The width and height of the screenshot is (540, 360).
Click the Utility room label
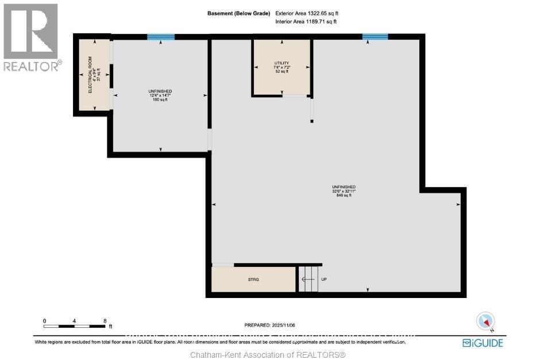pyautogui.click(x=281, y=63)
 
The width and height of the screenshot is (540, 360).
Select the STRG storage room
pyautogui.click(x=253, y=280)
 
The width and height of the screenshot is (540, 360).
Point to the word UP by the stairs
pyautogui.click(x=324, y=280)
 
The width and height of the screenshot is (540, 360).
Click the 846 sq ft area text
pyautogui.click(x=344, y=196)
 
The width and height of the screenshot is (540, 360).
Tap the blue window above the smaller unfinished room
pyautogui.click(x=161, y=37)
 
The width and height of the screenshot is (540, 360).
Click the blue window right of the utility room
pyautogui.click(x=375, y=37)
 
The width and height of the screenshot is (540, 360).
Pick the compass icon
pyautogui.click(x=486, y=321)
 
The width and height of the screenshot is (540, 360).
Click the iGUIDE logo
pyautogui.click(x=483, y=343)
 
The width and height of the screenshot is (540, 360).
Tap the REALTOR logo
pyautogui.click(x=31, y=38)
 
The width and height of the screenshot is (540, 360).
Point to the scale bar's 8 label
pyautogui.click(x=105, y=320)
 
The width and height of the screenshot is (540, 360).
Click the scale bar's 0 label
pyautogui.click(x=45, y=320)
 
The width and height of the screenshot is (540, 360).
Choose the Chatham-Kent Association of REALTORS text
pyautogui.click(x=269, y=354)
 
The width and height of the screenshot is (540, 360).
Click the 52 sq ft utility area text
pyautogui.click(x=281, y=72)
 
